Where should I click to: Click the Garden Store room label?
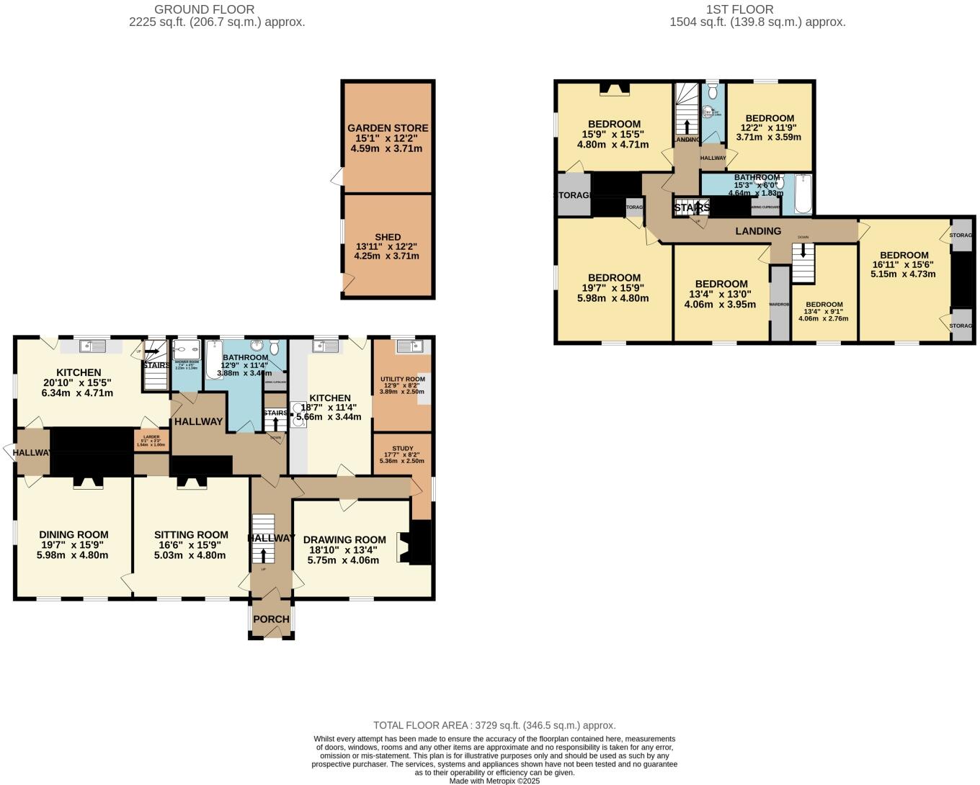pos(388,128)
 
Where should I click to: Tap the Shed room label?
pos(388,237)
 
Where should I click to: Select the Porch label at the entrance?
pos(272,619)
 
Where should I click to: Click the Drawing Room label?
pos(344,540)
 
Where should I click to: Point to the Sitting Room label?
pos(191,535)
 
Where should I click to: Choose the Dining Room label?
pos(73,535)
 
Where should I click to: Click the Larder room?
pos(151,440)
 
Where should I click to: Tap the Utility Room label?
pos(402,379)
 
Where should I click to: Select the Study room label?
pos(402,449)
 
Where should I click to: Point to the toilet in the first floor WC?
pos(712,91)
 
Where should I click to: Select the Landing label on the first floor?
pos(758,231)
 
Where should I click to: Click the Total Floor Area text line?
pos(494,725)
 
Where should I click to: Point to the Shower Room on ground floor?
pos(187,364)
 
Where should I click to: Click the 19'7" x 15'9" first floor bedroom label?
pos(614,288)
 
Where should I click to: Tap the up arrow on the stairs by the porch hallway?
pos(263,555)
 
